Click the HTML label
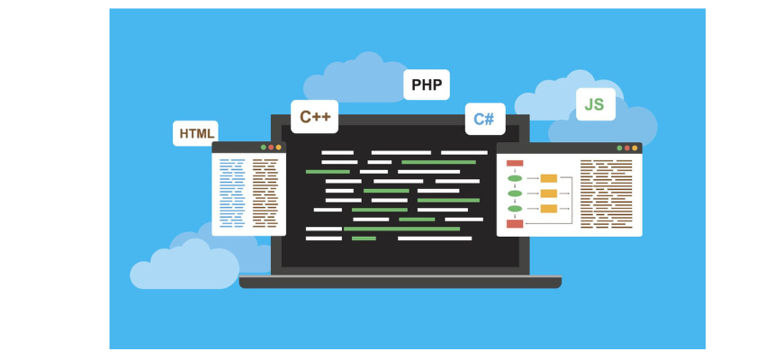coord(196,134)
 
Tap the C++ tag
coord(314,117)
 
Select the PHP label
coord(426,85)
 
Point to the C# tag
coord(484,119)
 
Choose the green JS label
coord(594,104)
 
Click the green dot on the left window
coord(263,147)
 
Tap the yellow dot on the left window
coord(279,147)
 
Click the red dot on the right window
coord(626,148)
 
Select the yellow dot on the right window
coord(634,148)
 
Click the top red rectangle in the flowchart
coord(515,164)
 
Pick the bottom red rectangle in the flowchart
coord(515,223)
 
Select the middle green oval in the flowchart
coord(515,193)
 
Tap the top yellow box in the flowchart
coord(548,178)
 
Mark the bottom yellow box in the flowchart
coord(548,209)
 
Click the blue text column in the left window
coord(232,192)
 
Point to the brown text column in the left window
coord(265,192)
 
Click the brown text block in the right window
coord(607,192)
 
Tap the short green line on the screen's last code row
coord(364,238)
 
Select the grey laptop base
coord(400,283)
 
